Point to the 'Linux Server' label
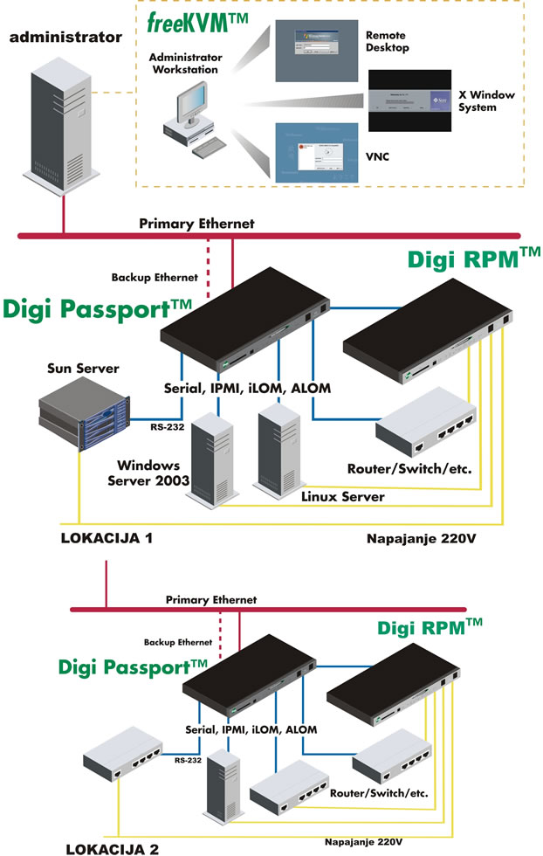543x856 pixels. click(x=342, y=496)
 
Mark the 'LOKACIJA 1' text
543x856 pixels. click(x=107, y=537)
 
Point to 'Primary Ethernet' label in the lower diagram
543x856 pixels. click(x=211, y=600)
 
